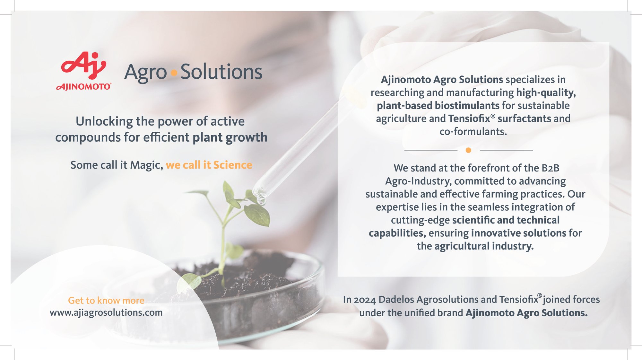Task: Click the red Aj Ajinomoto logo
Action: click(84, 71)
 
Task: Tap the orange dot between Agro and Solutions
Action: click(174, 73)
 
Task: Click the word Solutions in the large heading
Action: click(221, 72)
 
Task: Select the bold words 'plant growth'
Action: click(230, 137)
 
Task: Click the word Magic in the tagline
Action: click(146, 165)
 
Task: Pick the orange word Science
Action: click(233, 165)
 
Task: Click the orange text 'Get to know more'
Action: click(106, 301)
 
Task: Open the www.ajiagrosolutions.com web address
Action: click(106, 312)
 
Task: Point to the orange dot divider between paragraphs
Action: click(468, 150)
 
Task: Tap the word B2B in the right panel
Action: click(551, 168)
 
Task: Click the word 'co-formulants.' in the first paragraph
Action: click(473, 132)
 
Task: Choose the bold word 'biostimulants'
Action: click(467, 106)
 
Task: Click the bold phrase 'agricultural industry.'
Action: click(484, 246)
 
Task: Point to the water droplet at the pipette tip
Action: click(261, 201)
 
